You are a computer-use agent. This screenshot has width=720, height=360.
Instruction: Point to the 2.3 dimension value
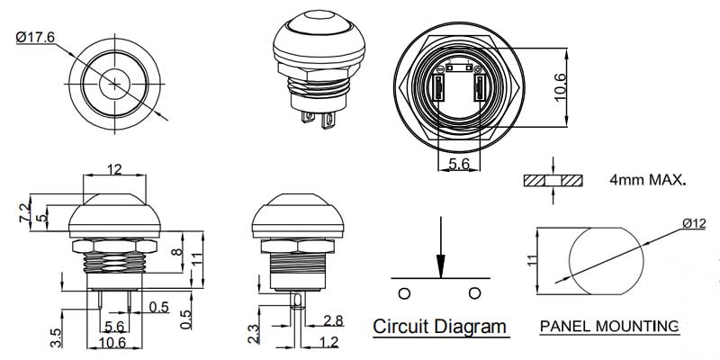(255, 331)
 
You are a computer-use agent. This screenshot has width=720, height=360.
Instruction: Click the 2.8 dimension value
(333, 321)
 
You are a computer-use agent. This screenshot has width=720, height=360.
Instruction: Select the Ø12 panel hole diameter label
(694, 223)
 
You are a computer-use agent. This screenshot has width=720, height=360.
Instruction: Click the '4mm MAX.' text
(647, 180)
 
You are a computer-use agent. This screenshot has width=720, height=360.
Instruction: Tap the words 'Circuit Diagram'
(439, 326)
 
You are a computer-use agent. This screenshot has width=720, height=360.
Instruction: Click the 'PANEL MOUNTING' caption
(608, 326)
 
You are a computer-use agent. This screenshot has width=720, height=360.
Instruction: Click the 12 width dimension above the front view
(115, 169)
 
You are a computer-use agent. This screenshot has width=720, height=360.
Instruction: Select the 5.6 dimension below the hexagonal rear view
(459, 165)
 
